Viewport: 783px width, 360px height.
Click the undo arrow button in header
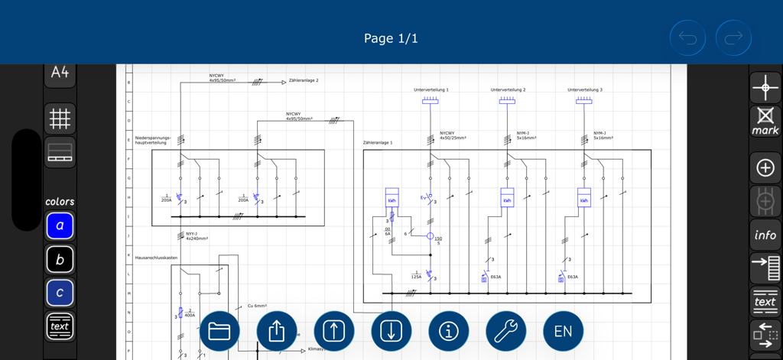(x=687, y=38)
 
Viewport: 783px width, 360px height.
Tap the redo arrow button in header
(x=733, y=38)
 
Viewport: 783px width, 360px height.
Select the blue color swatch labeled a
(x=60, y=226)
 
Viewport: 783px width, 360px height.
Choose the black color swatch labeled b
(x=60, y=260)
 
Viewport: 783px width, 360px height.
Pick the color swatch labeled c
(x=60, y=293)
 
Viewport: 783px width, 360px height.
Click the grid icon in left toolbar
(x=60, y=118)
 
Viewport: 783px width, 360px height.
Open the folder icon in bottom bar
(x=219, y=331)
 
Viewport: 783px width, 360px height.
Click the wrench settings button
(x=505, y=331)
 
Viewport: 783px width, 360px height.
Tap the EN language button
(x=563, y=331)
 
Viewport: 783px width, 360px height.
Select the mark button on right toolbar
(x=765, y=121)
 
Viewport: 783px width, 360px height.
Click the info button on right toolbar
(x=765, y=235)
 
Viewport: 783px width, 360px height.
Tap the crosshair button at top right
(x=765, y=87)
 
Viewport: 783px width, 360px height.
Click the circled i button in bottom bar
(x=448, y=331)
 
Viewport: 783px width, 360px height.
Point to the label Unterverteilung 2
(x=508, y=90)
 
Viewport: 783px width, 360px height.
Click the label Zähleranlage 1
(x=378, y=143)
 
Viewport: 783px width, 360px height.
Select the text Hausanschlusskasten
(x=156, y=258)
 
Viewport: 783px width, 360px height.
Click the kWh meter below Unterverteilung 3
(x=583, y=198)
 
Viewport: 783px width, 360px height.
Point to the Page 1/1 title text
(x=391, y=38)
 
